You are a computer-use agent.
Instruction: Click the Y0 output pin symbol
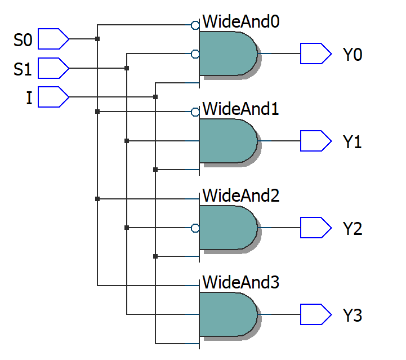[x=315, y=54]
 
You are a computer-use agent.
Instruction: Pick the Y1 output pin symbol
[x=315, y=141]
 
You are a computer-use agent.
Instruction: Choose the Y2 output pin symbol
[x=315, y=228]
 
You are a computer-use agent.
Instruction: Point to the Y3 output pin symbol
[x=315, y=315]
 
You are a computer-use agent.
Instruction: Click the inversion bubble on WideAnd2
[x=195, y=228]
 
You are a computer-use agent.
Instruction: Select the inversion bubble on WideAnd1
[x=195, y=112]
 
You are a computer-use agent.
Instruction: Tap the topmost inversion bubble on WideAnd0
[x=195, y=25]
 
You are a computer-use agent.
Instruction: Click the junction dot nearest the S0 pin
[x=97, y=39]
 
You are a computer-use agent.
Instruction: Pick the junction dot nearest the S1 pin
[x=127, y=68]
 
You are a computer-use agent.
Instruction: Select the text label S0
[x=24, y=40]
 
